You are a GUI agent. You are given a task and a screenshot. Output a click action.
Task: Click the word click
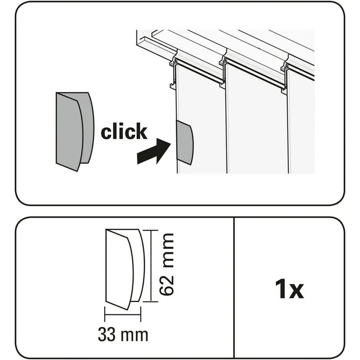click(x=124, y=132)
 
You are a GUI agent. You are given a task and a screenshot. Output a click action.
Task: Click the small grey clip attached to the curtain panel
click(x=185, y=143)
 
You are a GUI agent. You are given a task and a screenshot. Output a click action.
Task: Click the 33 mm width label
click(x=123, y=335)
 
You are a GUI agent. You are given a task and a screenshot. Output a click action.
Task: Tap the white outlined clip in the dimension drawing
click(x=123, y=269)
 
